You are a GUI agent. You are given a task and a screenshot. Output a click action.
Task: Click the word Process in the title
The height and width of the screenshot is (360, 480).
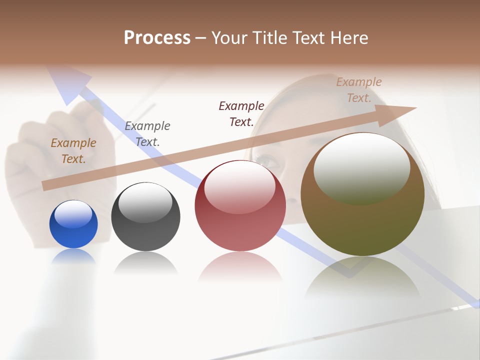tap(157, 38)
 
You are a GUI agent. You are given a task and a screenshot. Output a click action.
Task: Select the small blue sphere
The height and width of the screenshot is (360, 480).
tap(73, 224)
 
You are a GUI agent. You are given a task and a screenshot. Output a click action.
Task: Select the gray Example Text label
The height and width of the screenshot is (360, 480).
tap(147, 133)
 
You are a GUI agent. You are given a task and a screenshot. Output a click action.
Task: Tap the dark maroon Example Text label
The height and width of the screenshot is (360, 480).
tap(241, 113)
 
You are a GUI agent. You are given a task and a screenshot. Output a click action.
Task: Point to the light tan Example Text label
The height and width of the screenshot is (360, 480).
tap(359, 90)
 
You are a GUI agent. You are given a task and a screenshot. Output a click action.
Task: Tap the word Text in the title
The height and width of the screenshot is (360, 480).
tap(311, 38)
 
